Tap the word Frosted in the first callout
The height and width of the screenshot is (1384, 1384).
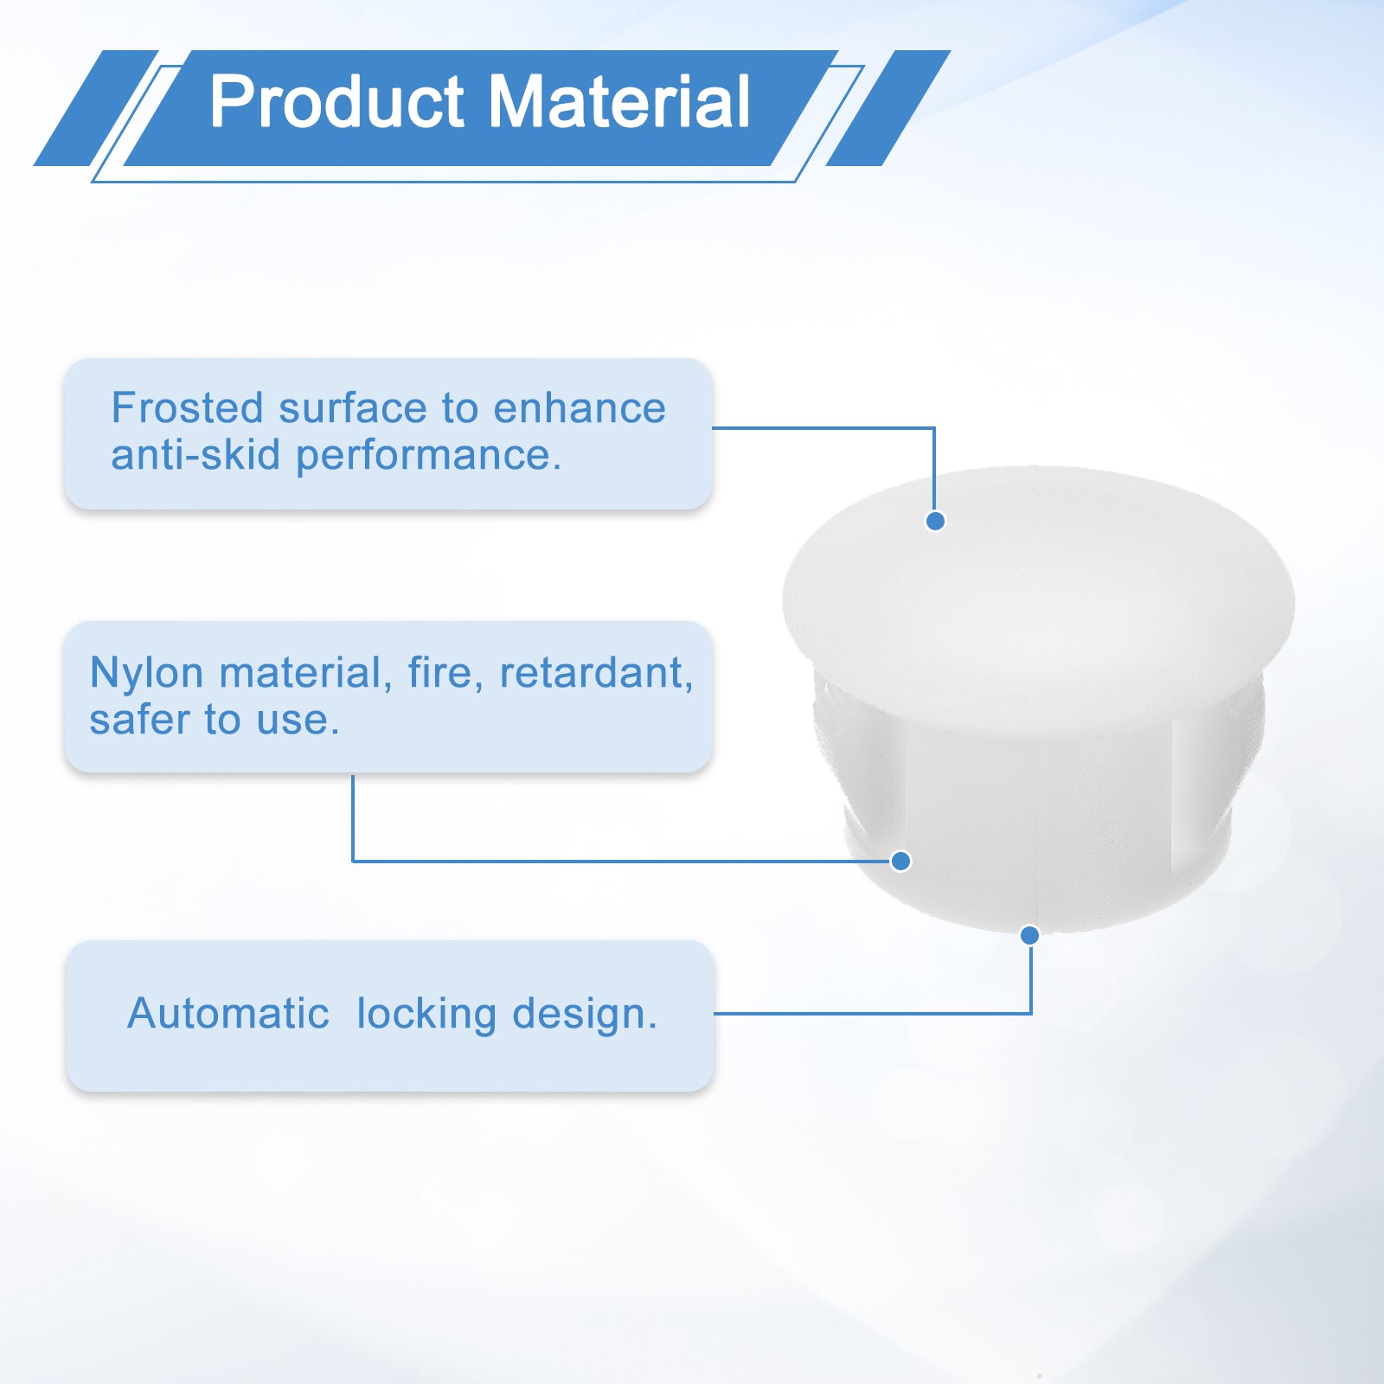(187, 407)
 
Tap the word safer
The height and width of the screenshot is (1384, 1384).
(139, 721)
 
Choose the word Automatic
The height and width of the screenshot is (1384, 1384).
(228, 1013)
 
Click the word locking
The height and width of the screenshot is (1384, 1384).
(426, 1015)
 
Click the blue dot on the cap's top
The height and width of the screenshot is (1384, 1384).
(935, 521)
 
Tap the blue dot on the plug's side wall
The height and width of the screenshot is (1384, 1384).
(900, 861)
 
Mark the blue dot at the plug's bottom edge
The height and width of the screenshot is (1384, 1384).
(1029, 935)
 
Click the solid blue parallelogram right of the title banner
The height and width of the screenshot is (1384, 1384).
(888, 108)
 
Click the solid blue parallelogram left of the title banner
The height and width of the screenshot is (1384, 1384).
(96, 108)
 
